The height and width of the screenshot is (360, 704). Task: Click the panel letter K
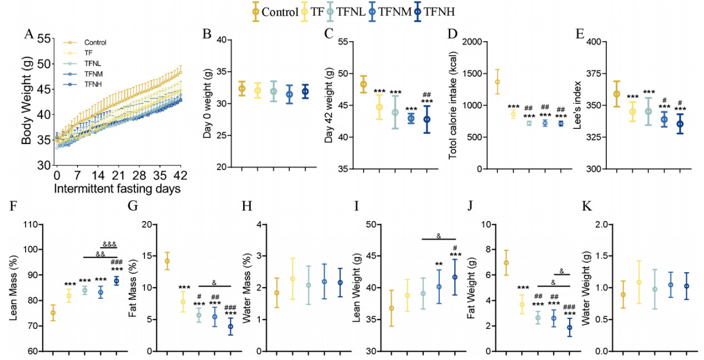pos(587,207)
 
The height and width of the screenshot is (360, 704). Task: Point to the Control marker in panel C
pos(364,84)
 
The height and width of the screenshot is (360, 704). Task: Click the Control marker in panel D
pos(497,82)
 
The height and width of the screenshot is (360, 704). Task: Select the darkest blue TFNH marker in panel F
pos(117,281)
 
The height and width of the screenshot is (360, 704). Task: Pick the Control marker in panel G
pos(167,261)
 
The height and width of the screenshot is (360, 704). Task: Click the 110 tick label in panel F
pos(35,224)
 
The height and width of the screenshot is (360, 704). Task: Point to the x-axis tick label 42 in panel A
pos(180,176)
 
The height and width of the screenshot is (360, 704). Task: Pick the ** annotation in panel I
pos(439,264)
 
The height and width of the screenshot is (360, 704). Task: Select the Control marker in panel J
pos(506,263)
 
